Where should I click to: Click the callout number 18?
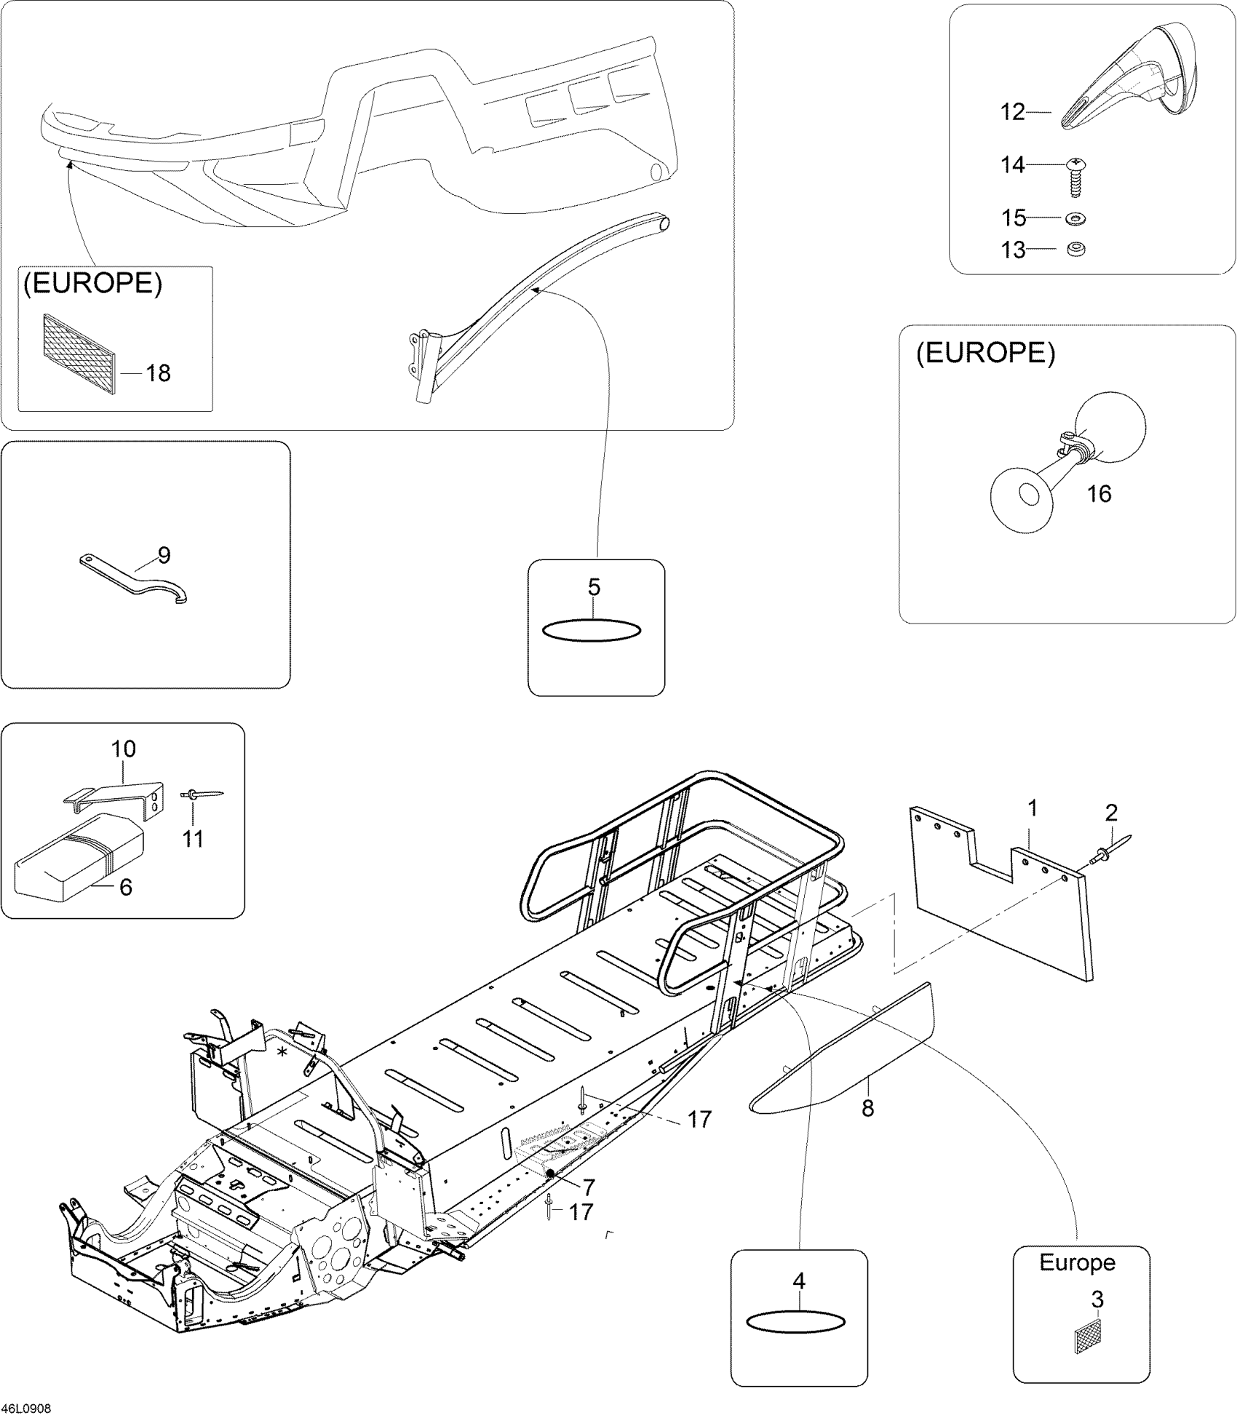[x=158, y=373]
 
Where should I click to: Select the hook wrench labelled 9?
[x=135, y=578]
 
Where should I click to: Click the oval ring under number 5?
[x=593, y=630]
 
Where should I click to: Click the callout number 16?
[x=1099, y=494]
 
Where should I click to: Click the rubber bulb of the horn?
[x=1111, y=427]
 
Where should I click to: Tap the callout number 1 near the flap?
[x=1032, y=808]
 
